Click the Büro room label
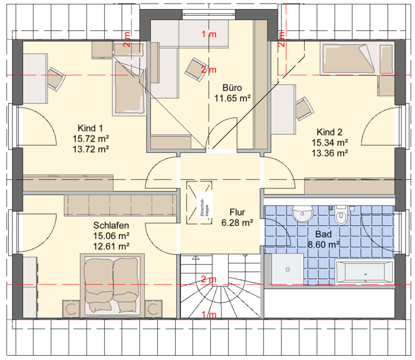click(x=232, y=88)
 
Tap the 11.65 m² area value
click(x=232, y=98)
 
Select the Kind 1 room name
click(x=90, y=128)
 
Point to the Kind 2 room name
click(x=330, y=132)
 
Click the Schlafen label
click(x=111, y=225)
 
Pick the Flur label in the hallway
click(x=237, y=212)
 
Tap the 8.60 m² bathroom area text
click(x=324, y=244)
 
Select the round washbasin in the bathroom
click(x=303, y=214)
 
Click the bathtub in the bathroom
click(x=364, y=272)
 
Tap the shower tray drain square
click(x=287, y=270)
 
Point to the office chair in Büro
click(x=196, y=69)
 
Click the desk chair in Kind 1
click(x=56, y=79)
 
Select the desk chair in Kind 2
click(x=304, y=109)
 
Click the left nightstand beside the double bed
click(x=71, y=309)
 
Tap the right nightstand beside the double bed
click(x=153, y=309)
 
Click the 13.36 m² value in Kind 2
click(x=330, y=153)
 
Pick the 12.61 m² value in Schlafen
click(x=111, y=246)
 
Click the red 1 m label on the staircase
click(x=209, y=315)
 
